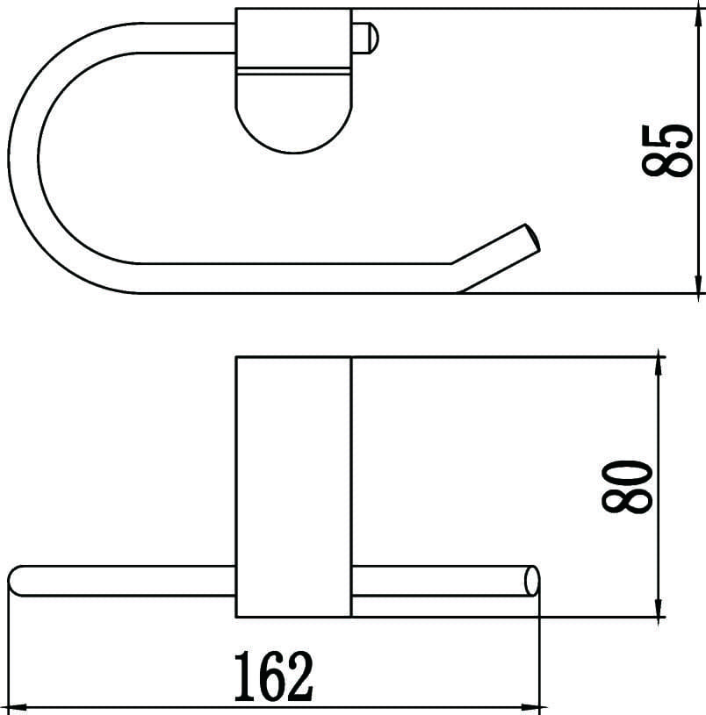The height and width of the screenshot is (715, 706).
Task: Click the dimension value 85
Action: pos(666,151)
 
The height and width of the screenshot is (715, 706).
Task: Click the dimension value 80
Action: pos(627,487)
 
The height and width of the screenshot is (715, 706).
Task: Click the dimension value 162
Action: pos(274,676)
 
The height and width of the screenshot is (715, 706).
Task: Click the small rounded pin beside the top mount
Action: pos(365,39)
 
